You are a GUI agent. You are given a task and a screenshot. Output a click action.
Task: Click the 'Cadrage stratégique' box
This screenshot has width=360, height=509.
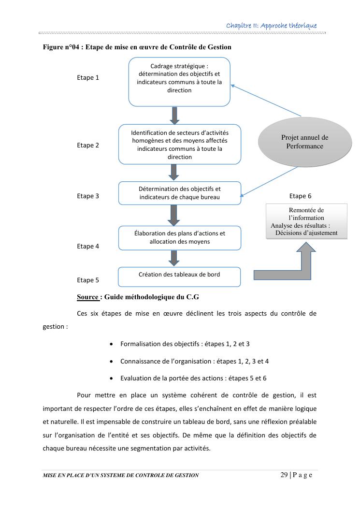pos(179,81)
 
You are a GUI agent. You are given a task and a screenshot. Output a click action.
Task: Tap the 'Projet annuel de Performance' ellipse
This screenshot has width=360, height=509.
pos(304,142)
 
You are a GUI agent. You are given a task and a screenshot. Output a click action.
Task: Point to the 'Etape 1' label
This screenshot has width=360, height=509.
pos(88,77)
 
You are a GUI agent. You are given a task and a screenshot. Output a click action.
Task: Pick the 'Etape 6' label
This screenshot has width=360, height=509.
pos(301,196)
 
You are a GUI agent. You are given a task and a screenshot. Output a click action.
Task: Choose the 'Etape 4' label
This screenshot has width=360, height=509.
pos(88,246)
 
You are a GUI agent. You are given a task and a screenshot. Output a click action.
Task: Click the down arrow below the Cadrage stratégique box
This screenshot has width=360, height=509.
pos(175,115)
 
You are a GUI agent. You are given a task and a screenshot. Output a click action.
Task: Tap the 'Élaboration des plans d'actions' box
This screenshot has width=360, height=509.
pos(179,238)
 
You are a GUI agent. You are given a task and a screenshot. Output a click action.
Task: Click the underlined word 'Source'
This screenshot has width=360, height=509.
pos(88,297)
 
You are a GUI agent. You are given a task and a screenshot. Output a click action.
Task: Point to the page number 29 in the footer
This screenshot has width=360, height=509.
pos(284,475)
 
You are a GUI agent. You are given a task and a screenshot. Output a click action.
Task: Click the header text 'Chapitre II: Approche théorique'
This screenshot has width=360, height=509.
pos(272,25)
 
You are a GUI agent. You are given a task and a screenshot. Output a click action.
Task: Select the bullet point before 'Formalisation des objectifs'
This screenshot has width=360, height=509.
pos(112,344)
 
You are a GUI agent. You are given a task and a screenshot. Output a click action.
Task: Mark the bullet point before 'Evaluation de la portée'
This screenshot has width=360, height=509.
pos(112,378)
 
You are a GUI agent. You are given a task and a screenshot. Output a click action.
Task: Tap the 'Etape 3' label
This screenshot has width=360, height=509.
pos(88,196)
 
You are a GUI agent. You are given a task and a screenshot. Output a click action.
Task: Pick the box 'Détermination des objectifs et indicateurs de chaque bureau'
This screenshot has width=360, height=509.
pos(179,193)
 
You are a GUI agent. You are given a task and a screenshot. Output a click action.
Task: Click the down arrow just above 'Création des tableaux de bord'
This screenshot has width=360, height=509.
pos(175,258)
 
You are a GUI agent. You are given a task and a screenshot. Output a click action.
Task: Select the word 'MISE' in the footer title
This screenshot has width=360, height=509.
pos(51,475)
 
